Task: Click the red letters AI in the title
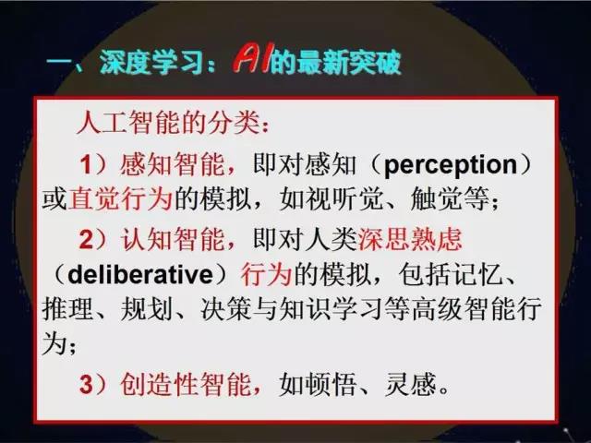tap(251, 60)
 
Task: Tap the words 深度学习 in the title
tap(152, 62)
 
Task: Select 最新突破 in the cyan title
tap(349, 62)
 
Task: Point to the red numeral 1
tap(86, 164)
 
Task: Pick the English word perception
tap(451, 165)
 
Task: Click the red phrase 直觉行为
tap(120, 198)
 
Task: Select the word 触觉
tap(437, 198)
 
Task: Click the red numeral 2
tap(86, 239)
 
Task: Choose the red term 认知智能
tap(173, 239)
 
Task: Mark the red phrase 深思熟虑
tap(410, 239)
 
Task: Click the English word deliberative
tap(140, 275)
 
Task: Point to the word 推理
tap(67, 310)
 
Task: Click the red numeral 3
tap(86, 384)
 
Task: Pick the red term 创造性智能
tap(186, 384)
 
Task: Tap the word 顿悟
tap(331, 384)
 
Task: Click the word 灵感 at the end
tap(410, 384)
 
